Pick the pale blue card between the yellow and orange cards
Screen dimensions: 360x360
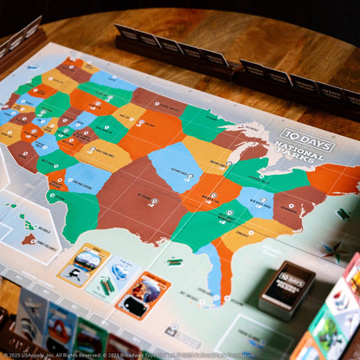[113, 279]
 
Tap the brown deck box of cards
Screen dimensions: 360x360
[286, 289]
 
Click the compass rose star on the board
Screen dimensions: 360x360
[331, 251]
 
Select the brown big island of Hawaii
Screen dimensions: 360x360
[29, 239]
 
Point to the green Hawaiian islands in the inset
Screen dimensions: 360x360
[26, 224]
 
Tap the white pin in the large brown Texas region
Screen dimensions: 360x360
[153, 202]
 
